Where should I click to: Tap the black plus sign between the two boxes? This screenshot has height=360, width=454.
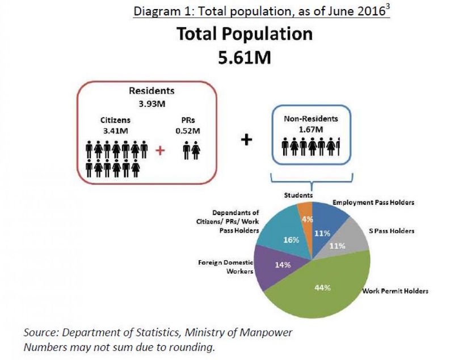point(246,139)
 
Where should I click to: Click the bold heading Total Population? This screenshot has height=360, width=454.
point(245,34)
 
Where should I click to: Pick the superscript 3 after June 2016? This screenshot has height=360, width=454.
point(388,7)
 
